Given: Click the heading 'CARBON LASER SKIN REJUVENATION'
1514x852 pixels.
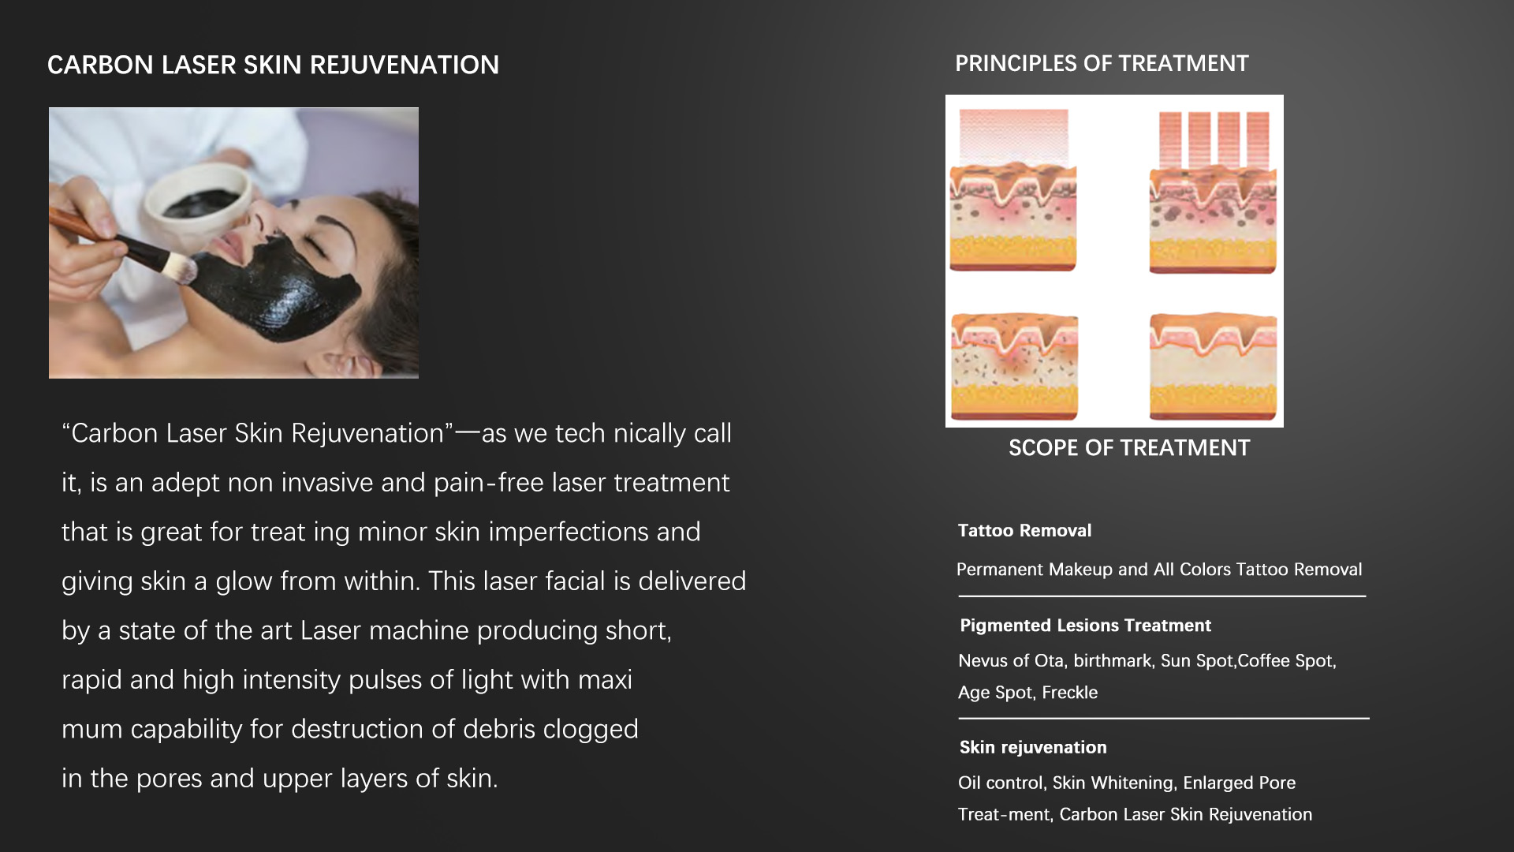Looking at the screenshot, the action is coord(273,65).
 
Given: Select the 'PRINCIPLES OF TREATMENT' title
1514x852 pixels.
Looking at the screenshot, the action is coord(1102,64).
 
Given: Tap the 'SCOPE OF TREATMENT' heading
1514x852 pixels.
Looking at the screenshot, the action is coord(1129,448).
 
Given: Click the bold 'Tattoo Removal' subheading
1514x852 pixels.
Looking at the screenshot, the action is coord(1024,531).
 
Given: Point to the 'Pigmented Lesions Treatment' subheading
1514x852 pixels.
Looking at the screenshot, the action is coord(1085,626).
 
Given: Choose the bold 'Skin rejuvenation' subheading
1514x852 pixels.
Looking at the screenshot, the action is coord(1033,748).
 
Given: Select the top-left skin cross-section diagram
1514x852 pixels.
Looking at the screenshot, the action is coord(1013,190).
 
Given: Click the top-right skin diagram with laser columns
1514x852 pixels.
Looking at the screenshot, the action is coord(1213,192).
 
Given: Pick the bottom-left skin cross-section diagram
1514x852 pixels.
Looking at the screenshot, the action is coord(1014,367).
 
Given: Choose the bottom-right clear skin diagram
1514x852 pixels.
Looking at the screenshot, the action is coord(1213,367).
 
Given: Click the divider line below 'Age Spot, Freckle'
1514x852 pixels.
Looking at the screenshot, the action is coord(1164,718).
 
